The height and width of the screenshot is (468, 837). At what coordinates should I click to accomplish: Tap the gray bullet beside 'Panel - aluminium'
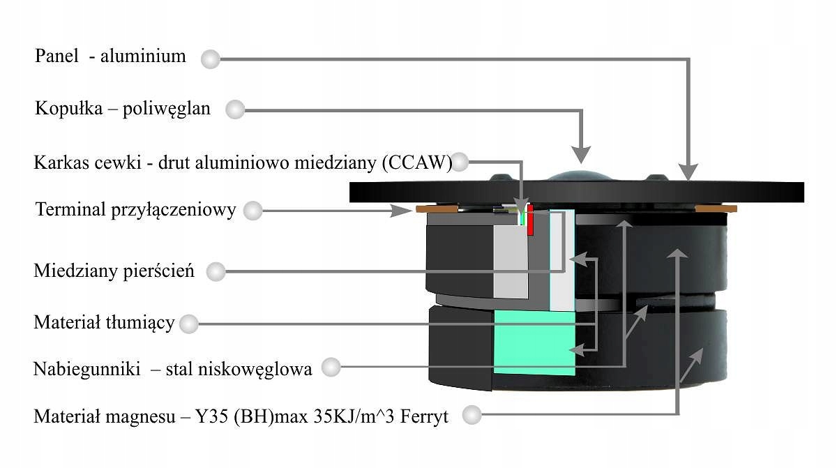[x=210, y=59]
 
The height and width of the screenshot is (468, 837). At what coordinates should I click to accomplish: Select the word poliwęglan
[x=171, y=108]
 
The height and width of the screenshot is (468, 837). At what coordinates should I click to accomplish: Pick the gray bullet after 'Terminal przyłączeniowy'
[x=252, y=210]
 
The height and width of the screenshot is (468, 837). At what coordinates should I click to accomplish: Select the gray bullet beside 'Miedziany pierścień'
[x=217, y=272]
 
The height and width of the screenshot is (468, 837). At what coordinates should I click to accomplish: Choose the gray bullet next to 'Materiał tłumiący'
[x=188, y=324]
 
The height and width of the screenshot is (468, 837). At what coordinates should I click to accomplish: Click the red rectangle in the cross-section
[x=530, y=220]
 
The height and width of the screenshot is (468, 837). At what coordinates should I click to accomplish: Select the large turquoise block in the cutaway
[x=534, y=343]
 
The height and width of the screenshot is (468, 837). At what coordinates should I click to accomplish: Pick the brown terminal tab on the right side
[x=716, y=209]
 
